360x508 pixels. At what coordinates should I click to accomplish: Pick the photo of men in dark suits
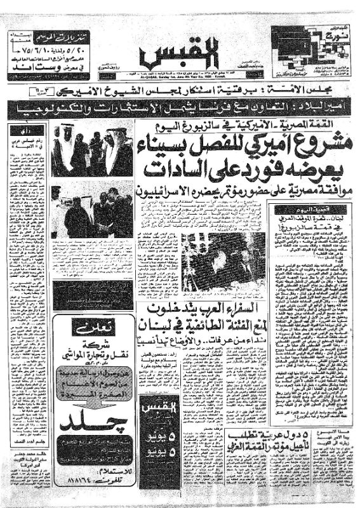coord(92,211)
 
